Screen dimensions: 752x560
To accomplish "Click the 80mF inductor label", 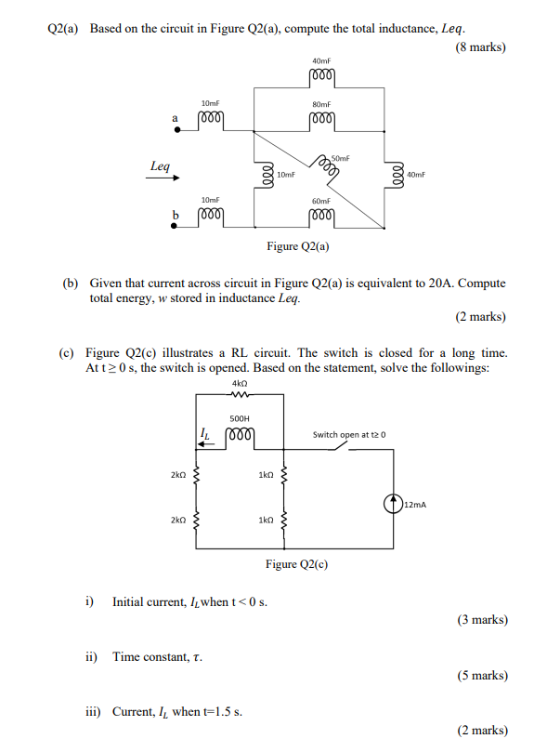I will [x=321, y=105].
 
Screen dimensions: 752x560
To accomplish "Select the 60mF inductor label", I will [x=321, y=201].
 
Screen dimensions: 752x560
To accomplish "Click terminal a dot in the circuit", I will [x=177, y=130].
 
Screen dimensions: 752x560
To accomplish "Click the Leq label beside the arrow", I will [x=160, y=166].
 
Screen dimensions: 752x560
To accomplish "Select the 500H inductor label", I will [x=241, y=418].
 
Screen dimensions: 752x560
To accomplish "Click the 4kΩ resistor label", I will [x=240, y=383].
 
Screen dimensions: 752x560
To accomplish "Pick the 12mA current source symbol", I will [x=393, y=504].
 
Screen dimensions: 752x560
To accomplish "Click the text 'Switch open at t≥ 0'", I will [x=348, y=434].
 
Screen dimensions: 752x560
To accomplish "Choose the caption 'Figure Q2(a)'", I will [x=298, y=246].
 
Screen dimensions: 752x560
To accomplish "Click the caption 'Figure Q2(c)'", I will [x=296, y=564].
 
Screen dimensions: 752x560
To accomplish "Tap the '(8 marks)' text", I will [x=481, y=47].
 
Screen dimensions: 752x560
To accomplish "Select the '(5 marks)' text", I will [x=481, y=676].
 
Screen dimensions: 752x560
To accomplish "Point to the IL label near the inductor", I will [x=205, y=432].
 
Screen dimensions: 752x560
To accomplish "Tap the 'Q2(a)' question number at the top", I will [x=65, y=29].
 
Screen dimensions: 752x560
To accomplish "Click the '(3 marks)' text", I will [x=481, y=620].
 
